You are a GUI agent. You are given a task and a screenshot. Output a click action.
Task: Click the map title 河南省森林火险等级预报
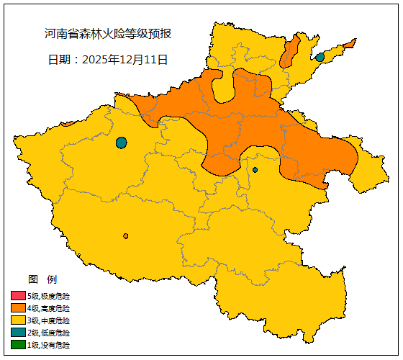pos(108,34)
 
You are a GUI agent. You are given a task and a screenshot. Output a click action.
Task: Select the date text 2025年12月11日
pos(108,59)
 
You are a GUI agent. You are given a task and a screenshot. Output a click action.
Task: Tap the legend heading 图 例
pos(42,279)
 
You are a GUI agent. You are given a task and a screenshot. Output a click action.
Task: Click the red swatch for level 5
pos(18,296)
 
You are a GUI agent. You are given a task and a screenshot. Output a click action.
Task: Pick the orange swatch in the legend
pos(18,308)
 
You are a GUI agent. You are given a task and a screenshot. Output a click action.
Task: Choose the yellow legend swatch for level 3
pos(18,320)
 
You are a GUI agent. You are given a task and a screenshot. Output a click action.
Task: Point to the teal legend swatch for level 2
pos(18,333)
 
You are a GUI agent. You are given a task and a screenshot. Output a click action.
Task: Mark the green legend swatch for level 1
pos(18,345)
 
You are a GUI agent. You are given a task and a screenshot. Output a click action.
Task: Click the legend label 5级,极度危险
pos(49,296)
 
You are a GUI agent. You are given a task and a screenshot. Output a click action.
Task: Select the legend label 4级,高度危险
pos(49,308)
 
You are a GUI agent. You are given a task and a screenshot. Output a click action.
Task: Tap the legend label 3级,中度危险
pos(49,320)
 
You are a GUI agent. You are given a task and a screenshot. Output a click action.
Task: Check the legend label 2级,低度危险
pos(49,333)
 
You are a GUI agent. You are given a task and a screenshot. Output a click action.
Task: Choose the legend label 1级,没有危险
pos(49,345)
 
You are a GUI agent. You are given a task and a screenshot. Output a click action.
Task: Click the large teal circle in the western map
pos(121,143)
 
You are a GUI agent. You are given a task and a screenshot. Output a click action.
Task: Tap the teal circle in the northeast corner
pos(320,57)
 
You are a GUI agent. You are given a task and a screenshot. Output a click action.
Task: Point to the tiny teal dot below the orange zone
pos(255,170)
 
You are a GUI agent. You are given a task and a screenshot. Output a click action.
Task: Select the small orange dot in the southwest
pos(126,236)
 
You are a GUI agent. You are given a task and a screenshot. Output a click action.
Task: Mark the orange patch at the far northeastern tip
pos(350,44)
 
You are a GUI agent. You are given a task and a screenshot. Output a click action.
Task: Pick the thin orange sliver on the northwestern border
pos(67,123)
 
